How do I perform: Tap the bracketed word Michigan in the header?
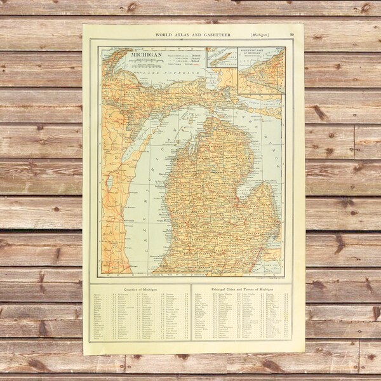(260, 34)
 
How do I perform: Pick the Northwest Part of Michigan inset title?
(261, 53)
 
